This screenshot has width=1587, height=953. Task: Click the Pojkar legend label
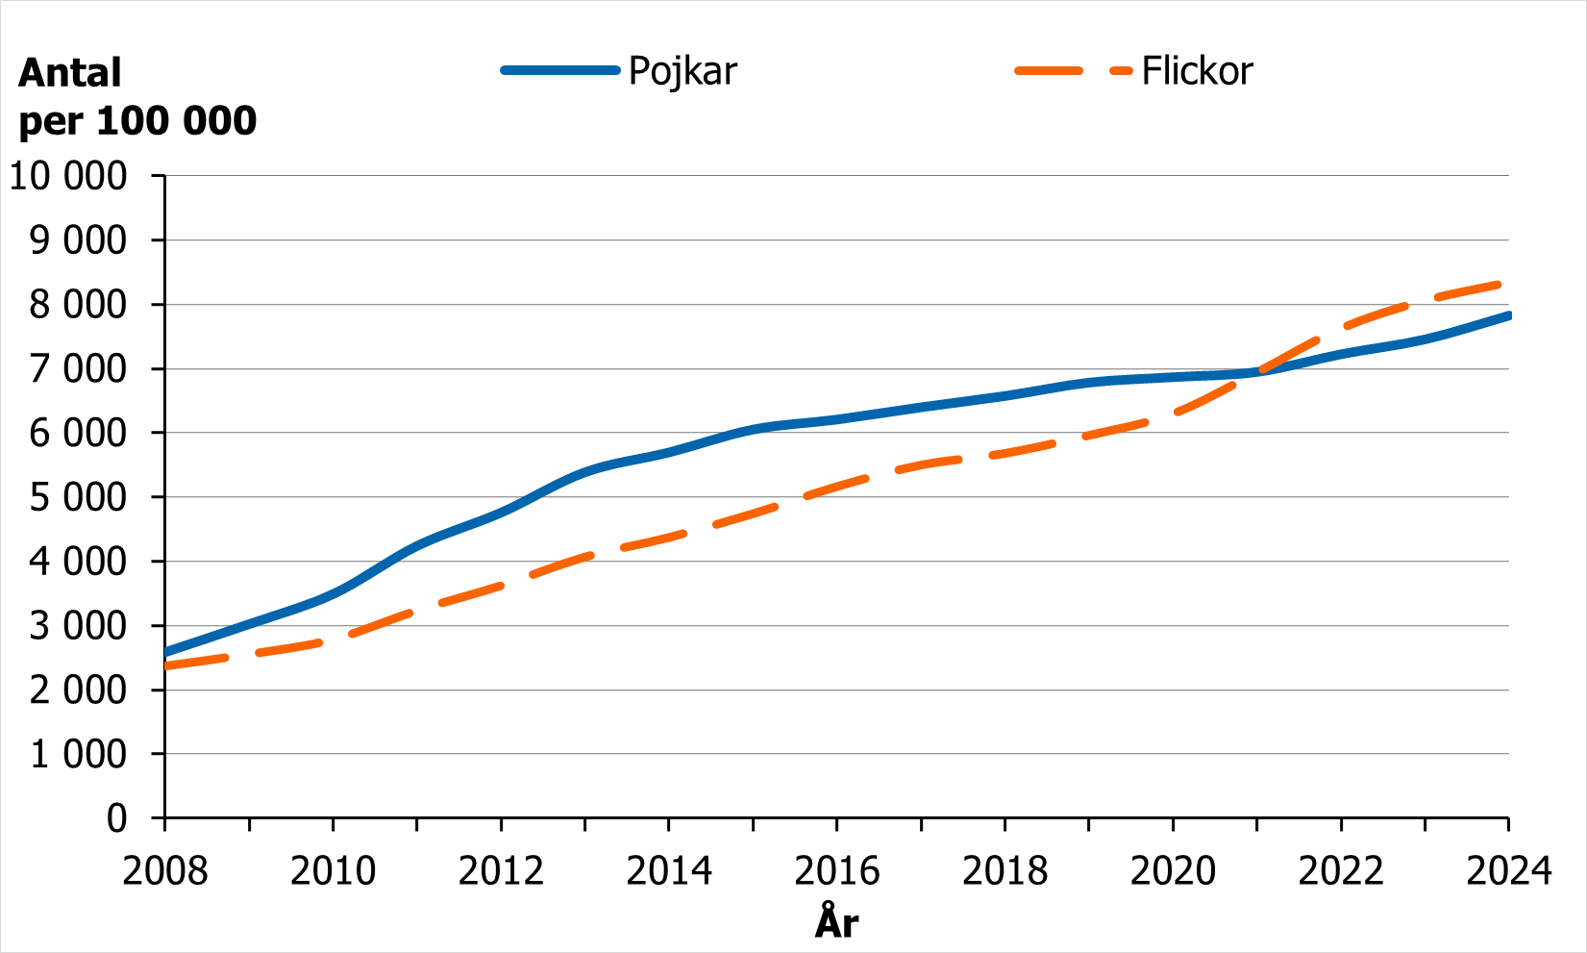coord(682,71)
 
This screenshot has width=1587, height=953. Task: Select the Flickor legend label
coord(1197,71)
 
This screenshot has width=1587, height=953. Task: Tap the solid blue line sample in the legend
coord(560,70)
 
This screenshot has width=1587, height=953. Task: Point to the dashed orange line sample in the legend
coord(1074,71)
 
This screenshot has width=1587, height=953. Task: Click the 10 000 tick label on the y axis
coord(68,176)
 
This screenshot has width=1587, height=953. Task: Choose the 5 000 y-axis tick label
coord(78,497)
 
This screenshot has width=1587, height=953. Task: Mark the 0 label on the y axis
coord(116,818)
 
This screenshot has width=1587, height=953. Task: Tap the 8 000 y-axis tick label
coord(78,305)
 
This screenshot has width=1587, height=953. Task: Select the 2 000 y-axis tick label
coord(78,690)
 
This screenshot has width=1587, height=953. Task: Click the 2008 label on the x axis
coord(165,871)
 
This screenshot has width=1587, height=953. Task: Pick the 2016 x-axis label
coord(836,871)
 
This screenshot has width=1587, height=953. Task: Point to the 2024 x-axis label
coord(1508,871)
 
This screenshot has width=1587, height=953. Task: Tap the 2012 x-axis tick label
coord(501,871)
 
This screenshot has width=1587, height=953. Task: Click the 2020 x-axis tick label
coord(1173,871)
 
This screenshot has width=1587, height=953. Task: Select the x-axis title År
coord(836,922)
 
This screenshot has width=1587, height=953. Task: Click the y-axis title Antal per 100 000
coord(137,96)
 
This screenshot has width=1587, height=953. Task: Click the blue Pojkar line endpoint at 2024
coord(1508,315)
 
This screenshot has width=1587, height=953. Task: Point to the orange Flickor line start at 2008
coord(166,665)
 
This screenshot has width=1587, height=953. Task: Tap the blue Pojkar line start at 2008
coord(166,652)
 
